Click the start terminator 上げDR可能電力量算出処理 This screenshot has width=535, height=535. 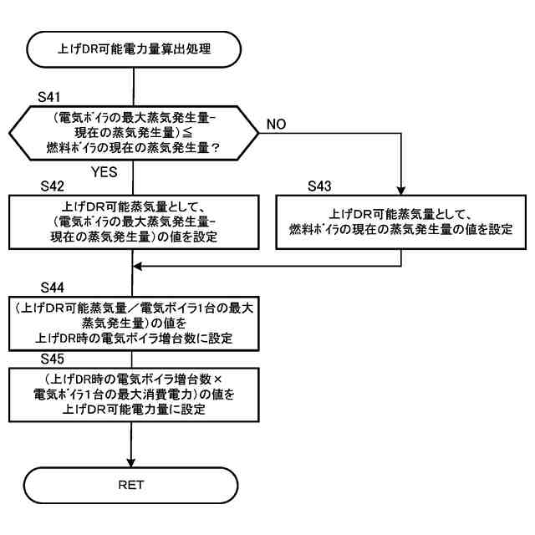(133, 48)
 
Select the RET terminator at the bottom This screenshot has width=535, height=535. (133, 483)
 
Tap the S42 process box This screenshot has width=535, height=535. (133, 222)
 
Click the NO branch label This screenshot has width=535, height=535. (279, 124)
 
